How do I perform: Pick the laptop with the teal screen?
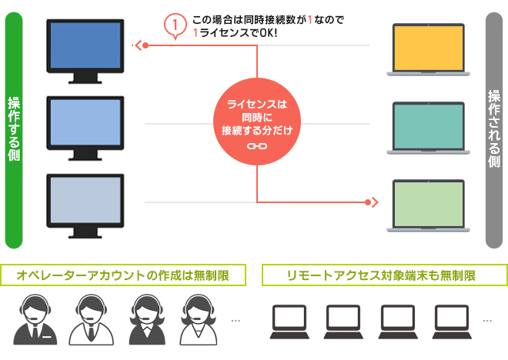pyautogui.click(x=427, y=127)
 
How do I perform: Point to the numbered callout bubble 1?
pyautogui.click(x=176, y=25)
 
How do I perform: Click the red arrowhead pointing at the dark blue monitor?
pyautogui.click(x=139, y=45)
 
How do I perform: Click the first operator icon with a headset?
pyautogui.click(x=34, y=319)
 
